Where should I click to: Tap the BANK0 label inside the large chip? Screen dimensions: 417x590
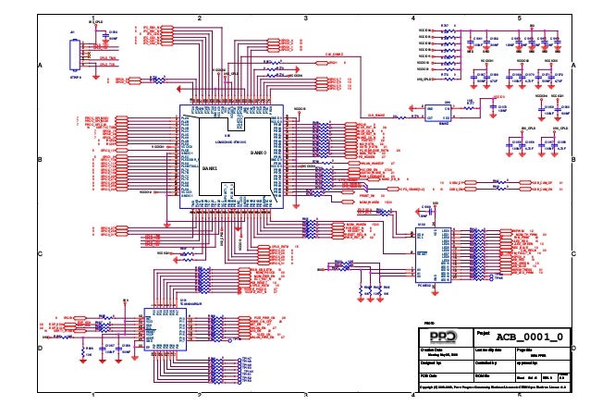[258, 152]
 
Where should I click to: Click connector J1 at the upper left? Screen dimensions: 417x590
[74, 54]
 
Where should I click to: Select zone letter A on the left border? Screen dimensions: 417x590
[40, 66]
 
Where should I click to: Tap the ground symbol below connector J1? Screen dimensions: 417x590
[75, 76]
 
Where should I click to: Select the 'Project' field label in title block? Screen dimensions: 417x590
[484, 332]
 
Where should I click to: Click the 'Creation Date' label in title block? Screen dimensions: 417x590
[432, 350]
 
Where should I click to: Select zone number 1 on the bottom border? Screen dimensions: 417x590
[93, 395]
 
